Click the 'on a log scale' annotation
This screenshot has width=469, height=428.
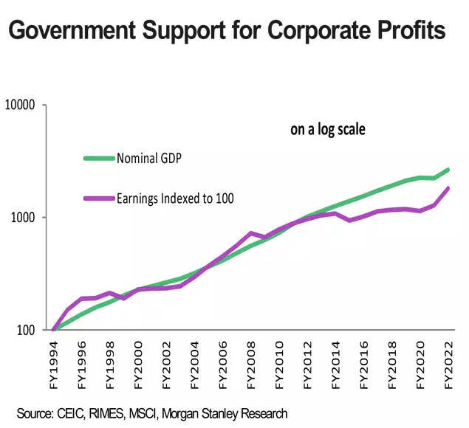(x=328, y=130)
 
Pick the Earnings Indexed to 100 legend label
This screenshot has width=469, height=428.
(x=175, y=198)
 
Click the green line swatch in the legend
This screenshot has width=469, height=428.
(x=99, y=157)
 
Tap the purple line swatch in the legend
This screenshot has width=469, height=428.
(x=99, y=198)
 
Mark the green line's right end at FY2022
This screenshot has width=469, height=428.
(x=448, y=170)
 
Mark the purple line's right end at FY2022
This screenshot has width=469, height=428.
(x=448, y=188)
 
